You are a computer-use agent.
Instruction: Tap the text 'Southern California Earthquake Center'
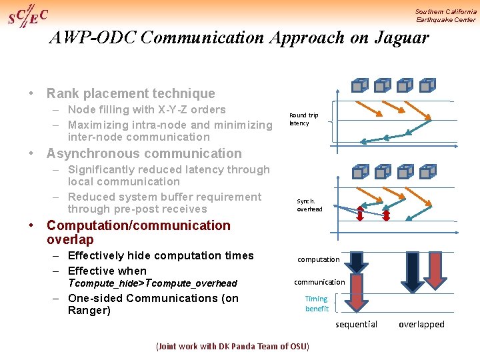tap(445, 15)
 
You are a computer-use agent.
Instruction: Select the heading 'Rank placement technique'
tap(131, 93)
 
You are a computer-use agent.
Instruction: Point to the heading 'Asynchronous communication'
tap(144, 153)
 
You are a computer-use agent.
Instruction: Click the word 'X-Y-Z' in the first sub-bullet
tap(155, 110)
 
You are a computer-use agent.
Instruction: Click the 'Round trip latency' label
tap(303, 119)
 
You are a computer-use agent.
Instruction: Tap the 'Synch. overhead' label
tap(309, 205)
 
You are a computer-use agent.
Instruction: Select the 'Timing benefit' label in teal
tap(317, 303)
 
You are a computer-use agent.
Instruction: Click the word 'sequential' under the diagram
tap(356, 325)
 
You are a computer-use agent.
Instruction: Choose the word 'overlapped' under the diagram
tap(421, 325)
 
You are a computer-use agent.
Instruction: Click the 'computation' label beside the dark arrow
tap(318, 259)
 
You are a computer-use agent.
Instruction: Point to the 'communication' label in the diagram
tap(319, 282)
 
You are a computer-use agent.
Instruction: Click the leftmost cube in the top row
tap(360, 85)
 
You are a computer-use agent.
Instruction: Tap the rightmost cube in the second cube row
tap(428, 171)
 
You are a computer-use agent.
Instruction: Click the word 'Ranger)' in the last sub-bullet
tap(89, 311)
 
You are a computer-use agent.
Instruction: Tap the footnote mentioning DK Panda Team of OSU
tap(232, 347)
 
